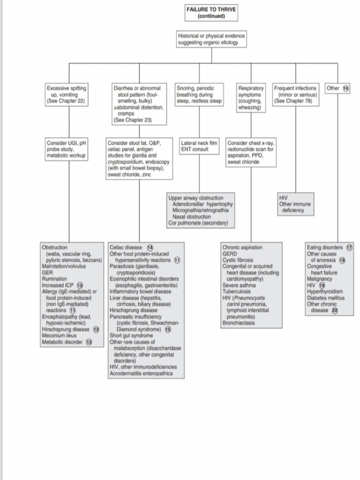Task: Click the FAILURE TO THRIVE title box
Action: pos(211,12)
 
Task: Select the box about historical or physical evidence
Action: pos(211,39)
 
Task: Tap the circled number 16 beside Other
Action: pos(346,88)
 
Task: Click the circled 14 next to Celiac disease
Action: pos(150,247)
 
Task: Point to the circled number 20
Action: pos(335,310)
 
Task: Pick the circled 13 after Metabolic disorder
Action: pos(88,342)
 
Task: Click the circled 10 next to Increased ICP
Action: pos(80,285)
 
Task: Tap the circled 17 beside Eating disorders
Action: pos(349,247)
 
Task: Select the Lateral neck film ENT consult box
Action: pos(200,146)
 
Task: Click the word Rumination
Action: pos(54,279)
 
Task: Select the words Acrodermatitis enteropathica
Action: pos(141,374)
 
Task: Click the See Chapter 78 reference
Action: pos(293,101)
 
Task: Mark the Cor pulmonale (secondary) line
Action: pos(198,224)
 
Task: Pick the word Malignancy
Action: pos(320,279)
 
